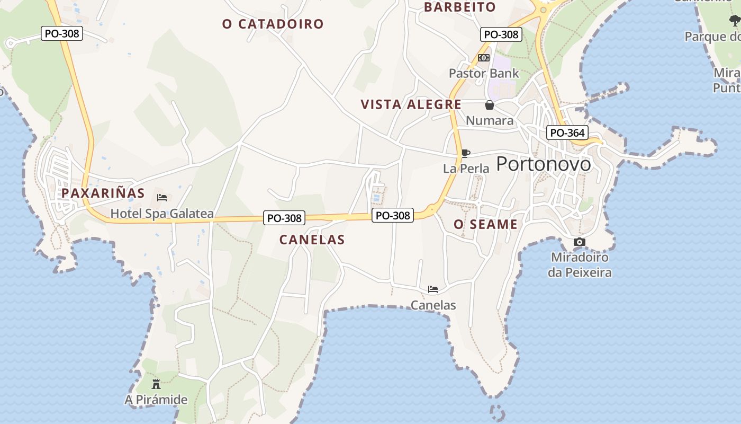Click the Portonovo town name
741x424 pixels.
544,164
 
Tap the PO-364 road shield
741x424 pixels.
567,132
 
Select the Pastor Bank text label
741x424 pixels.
484,73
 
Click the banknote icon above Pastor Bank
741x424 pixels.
484,58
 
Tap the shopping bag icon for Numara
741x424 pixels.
490,105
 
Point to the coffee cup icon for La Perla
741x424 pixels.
465,154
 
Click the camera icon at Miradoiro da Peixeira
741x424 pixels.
580,242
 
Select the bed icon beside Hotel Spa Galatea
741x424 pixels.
162,198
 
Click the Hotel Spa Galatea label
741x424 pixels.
162,214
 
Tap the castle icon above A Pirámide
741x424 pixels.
156,384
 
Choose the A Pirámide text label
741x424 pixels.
156,400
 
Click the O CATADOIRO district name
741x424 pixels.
273,24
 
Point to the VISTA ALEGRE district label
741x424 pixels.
411,104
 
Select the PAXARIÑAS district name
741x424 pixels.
103,193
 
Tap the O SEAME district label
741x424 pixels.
485,225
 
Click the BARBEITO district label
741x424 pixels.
460,7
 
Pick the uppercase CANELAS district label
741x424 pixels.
312,240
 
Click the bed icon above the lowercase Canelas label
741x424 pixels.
433,289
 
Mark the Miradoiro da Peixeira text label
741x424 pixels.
580,265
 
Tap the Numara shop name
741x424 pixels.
490,121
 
